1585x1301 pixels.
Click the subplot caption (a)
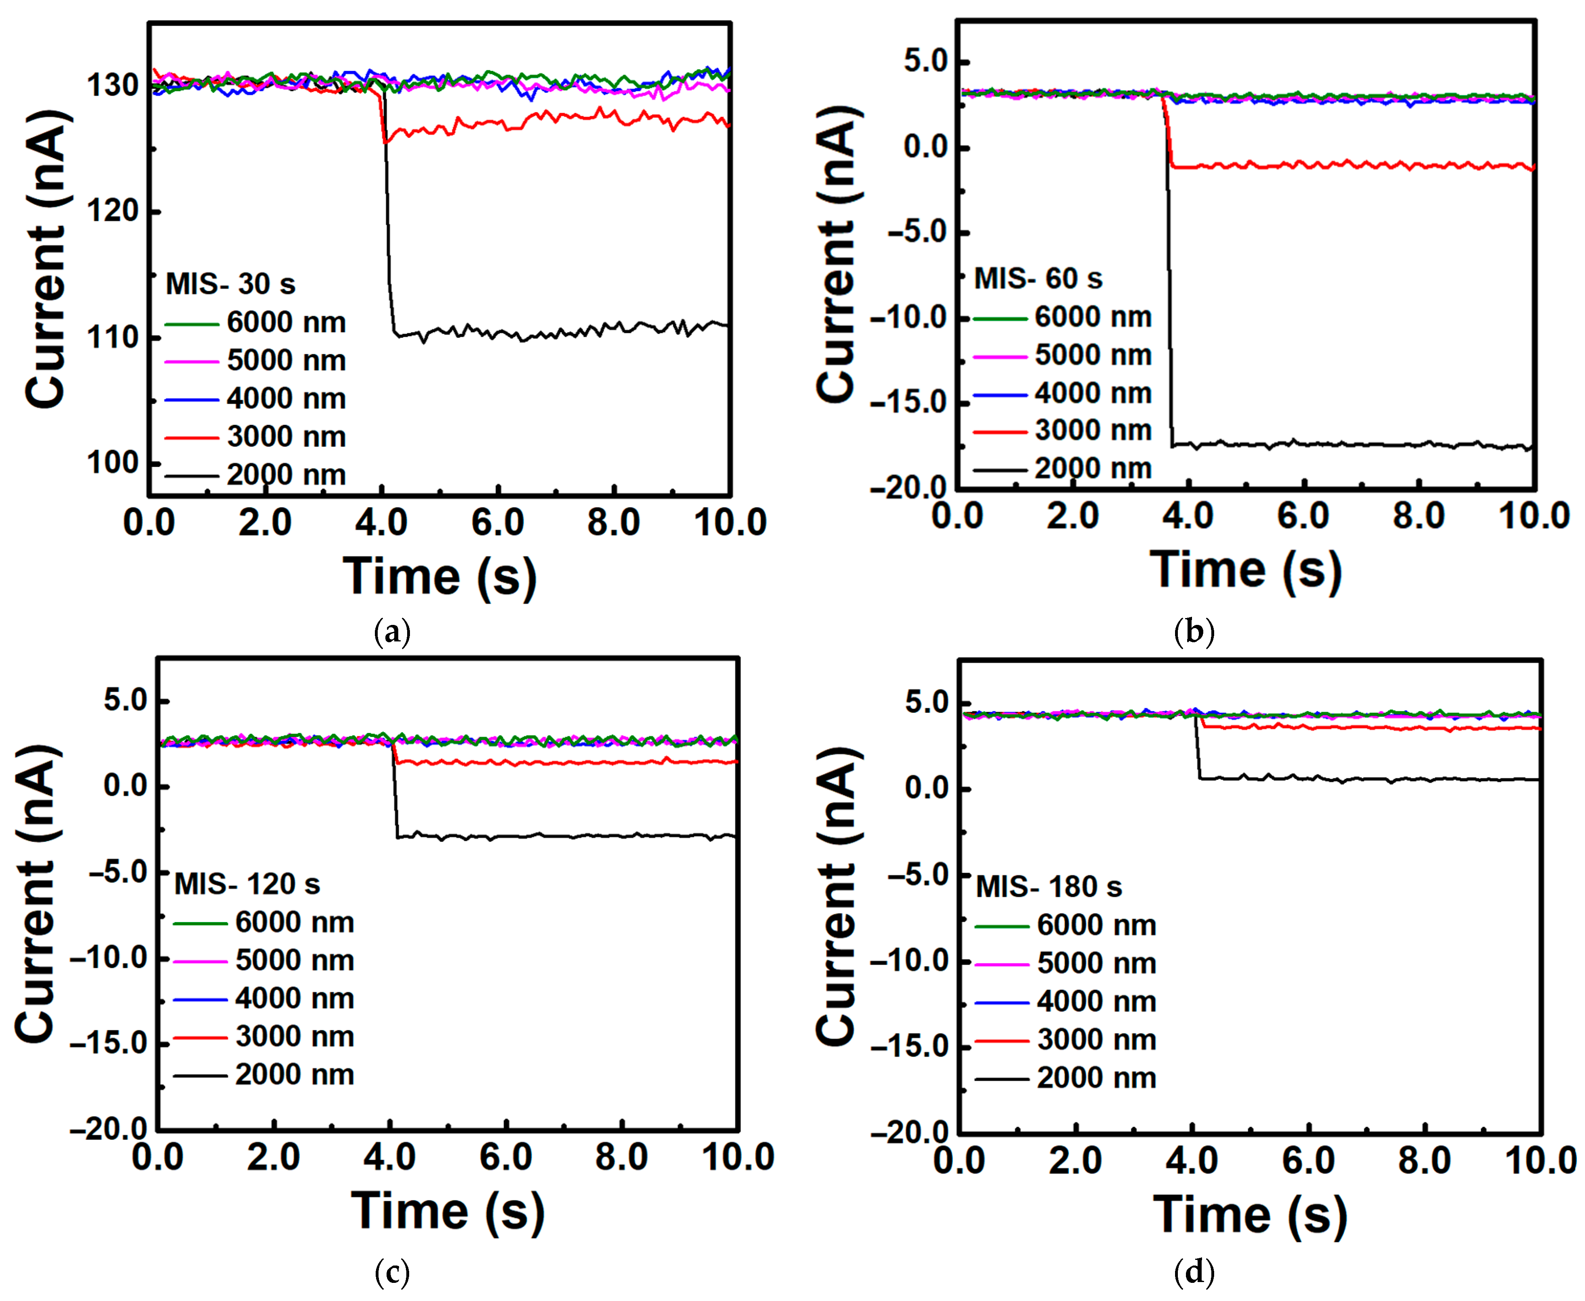392,632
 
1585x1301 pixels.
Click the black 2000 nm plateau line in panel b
1349,444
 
